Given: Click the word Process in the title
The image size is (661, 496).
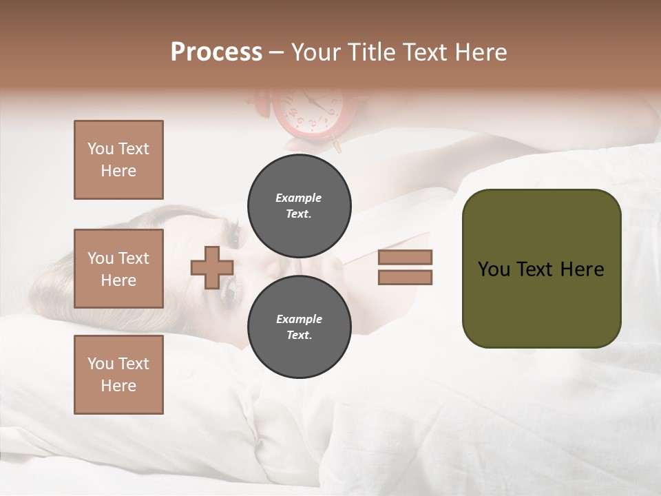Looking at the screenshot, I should coord(216,52).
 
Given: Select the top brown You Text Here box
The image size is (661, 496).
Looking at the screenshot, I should coord(118,160).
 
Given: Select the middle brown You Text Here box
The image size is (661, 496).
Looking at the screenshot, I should coord(118,269).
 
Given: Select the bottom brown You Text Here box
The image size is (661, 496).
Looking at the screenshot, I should coord(118,374).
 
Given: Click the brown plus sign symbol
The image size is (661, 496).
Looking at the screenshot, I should coord(211,268).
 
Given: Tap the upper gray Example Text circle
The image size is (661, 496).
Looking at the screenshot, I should coord(299,205).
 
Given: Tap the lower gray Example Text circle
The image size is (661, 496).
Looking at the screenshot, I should coord(299,327).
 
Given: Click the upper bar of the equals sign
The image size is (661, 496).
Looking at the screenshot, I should coord(405,257).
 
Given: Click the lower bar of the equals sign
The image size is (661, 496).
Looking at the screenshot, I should coord(405,278).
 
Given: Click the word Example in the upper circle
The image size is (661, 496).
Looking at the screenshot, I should coord(299,198).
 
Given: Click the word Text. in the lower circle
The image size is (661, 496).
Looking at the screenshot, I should coord(299,335).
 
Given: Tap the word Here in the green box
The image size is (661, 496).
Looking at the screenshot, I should coord(582,269).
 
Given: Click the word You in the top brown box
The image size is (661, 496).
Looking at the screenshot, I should coord(101,149).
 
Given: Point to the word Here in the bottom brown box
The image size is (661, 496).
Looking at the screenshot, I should coord(118,386).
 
